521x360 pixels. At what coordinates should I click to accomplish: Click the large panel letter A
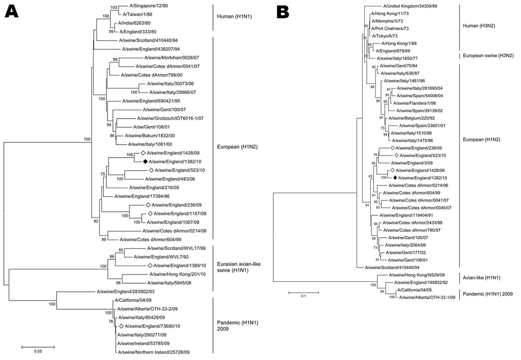pos(11,11)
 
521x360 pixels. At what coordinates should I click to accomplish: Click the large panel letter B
pos(283,12)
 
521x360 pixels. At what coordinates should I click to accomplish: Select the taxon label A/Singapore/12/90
pos(148,6)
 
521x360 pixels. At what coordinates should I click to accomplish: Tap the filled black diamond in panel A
pos(145,162)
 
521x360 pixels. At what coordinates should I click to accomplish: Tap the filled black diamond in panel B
pos(395,178)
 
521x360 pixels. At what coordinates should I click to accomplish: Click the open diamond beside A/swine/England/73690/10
pos(121,326)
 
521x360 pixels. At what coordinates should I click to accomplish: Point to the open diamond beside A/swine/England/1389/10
pos(150,265)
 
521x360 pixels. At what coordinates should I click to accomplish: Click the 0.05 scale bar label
pos(38,351)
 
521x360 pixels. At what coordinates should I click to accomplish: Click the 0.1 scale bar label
pos(303,296)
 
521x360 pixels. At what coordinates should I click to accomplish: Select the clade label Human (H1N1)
pos(234,17)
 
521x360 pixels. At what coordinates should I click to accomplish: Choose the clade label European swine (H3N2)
pos(488,56)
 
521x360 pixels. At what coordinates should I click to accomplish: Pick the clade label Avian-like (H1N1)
pos(481,277)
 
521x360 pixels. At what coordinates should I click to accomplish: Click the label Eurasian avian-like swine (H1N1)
pos(239,267)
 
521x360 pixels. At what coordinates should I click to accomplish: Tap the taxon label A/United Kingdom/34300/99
pos(410,6)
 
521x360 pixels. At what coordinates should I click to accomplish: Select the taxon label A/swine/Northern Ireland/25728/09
pos(154,352)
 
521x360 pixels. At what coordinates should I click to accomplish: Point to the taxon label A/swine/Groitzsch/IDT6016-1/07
pos(170,118)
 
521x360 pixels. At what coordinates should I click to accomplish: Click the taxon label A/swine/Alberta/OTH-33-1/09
pos(427,297)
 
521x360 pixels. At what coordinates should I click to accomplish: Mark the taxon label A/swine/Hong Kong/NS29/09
pos(416,275)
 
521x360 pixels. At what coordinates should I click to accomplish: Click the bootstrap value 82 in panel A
pos(96,221)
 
